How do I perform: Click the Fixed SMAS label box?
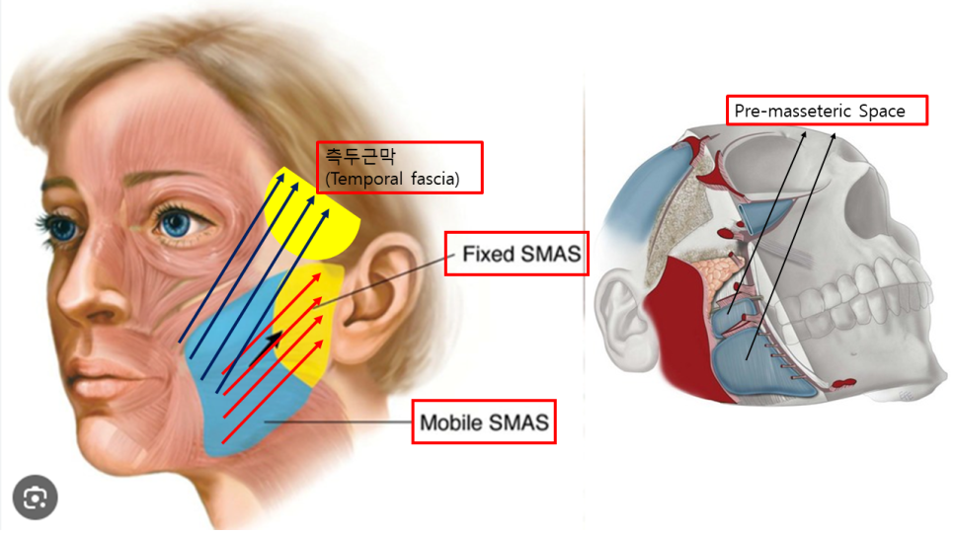coord(517,254)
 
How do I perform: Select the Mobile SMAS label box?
coord(484,421)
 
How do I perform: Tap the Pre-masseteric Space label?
coord(827,111)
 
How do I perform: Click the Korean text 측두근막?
coord(360,156)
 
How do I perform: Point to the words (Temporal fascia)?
coord(392,179)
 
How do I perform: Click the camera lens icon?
coord(36,498)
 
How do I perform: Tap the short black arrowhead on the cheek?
coord(275,339)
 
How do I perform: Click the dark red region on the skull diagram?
coord(684,332)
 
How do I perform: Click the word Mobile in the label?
coord(447,422)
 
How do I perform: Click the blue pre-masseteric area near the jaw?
coord(760,365)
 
